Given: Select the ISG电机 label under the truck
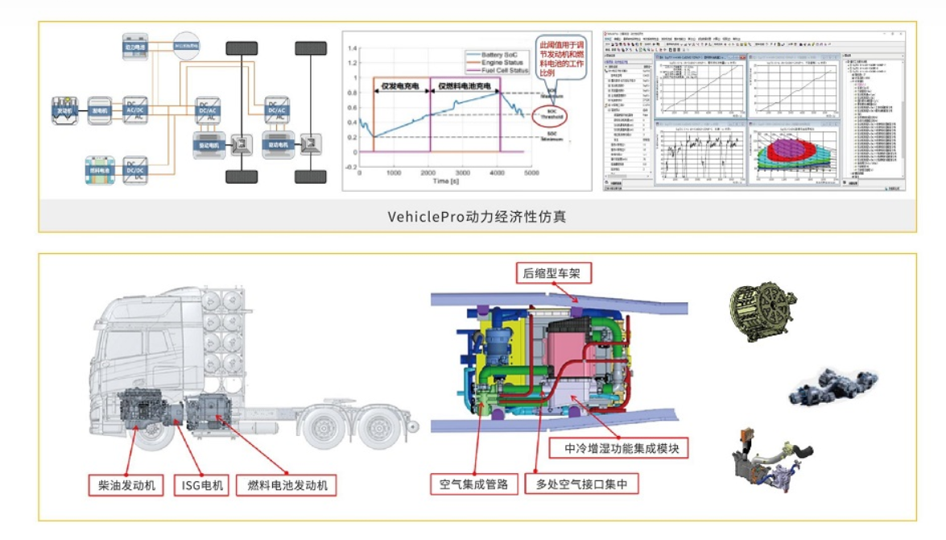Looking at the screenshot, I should tap(202, 485).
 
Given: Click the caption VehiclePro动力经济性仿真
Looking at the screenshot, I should tap(477, 216).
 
